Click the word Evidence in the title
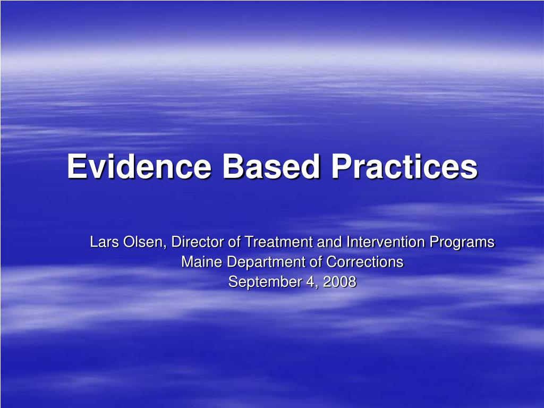click(140, 167)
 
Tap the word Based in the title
click(271, 167)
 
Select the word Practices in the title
click(405, 167)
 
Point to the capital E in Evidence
click(76, 167)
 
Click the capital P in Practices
click(341, 167)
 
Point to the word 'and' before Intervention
click(330, 242)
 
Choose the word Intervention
click(386, 242)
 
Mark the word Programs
click(462, 242)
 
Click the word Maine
click(197, 262)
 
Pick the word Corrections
click(364, 262)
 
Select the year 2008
click(338, 282)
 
